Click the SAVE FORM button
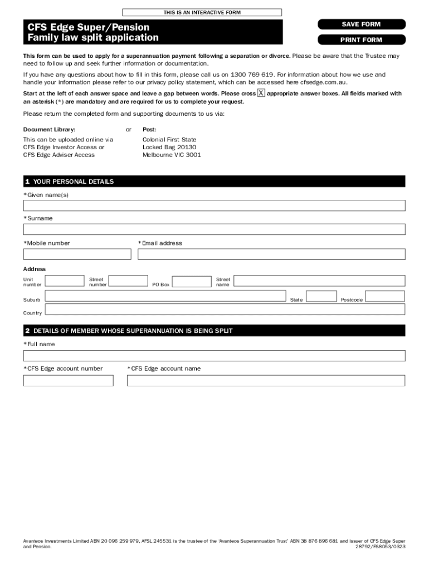(361, 24)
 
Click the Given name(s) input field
(214, 205)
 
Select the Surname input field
(214, 229)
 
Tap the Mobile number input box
(77, 254)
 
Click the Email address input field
(271, 254)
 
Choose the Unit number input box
(65, 281)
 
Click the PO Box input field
(192, 281)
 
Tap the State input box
(321, 297)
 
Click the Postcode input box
(384, 297)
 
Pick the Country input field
(225, 310)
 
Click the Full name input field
(214, 356)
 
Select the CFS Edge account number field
(68, 381)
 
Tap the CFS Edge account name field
(266, 381)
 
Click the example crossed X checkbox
(261, 93)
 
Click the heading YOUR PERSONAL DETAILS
(74, 181)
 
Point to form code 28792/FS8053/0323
(380, 547)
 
